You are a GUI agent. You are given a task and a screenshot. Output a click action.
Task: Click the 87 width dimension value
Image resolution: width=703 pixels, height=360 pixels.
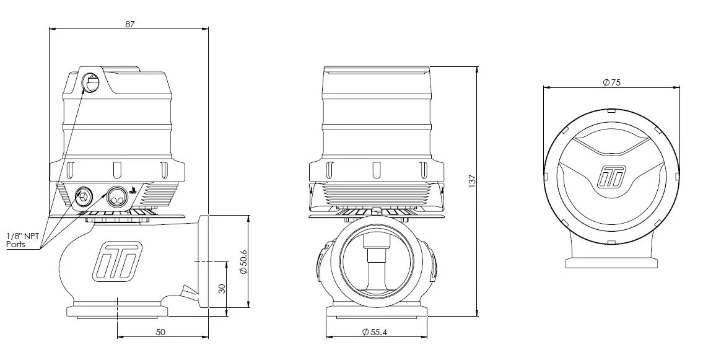pyautogui.click(x=129, y=24)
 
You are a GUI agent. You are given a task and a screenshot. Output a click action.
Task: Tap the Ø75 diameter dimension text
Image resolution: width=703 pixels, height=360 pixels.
pyautogui.click(x=611, y=83)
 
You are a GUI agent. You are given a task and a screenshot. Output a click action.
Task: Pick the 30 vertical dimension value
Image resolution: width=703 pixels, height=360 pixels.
pyautogui.click(x=222, y=288)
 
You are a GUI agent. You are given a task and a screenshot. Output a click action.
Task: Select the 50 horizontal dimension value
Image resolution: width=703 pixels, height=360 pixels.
pyautogui.click(x=160, y=332)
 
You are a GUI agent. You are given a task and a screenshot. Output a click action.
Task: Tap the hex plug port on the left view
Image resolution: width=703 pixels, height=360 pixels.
pyautogui.click(x=83, y=198)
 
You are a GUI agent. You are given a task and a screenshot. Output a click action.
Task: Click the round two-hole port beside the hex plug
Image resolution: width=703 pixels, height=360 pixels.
pyautogui.click(x=116, y=198)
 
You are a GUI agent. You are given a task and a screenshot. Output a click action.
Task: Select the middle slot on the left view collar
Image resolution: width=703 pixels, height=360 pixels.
pyautogui.click(x=116, y=170)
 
